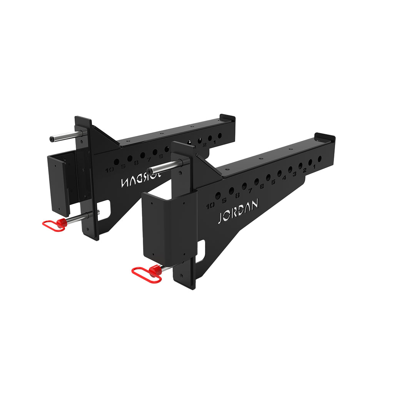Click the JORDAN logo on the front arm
238,211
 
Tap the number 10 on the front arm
210,206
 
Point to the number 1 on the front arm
314,167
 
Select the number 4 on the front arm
284,178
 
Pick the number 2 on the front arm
305,170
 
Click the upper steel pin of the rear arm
66,136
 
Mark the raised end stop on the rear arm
227,117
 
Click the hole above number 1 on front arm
319,159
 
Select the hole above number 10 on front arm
218,196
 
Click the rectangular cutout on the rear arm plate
105,210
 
